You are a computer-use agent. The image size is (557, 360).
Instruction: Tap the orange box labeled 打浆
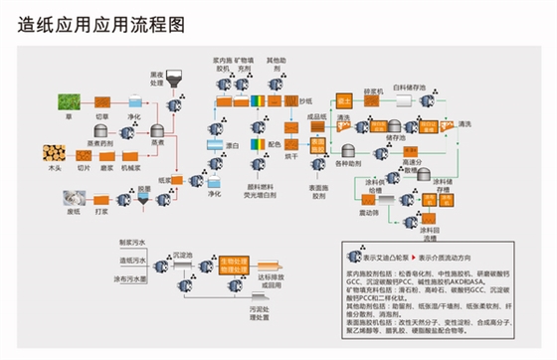[102, 198]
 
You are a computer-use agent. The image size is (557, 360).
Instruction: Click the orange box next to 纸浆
[186, 180]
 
